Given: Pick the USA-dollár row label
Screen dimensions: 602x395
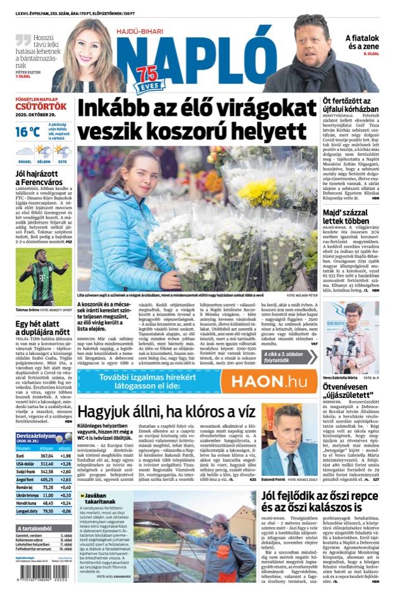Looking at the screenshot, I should [x=25, y=464].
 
